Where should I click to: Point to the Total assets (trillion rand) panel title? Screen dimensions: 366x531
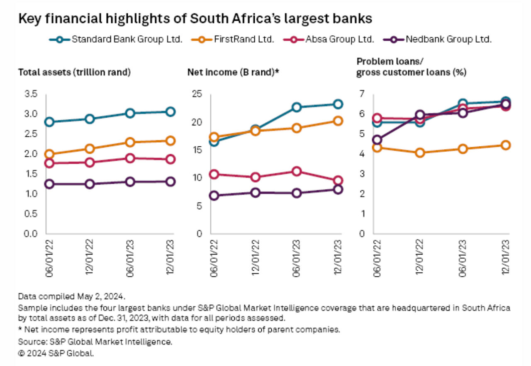pyautogui.click(x=74, y=72)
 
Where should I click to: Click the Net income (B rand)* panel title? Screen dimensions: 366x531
pyautogui.click(x=233, y=72)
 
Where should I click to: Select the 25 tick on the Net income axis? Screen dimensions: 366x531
pyautogui.click(x=197, y=94)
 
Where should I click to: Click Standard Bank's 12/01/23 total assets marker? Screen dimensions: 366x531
pyautogui.click(x=170, y=111)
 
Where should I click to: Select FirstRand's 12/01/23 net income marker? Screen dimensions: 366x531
pyautogui.click(x=338, y=121)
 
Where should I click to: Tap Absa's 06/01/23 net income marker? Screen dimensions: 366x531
pyautogui.click(x=297, y=171)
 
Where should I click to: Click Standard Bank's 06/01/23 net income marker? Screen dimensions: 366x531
pyautogui.click(x=297, y=107)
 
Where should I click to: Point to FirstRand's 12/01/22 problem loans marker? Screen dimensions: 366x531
pyautogui.click(x=420, y=153)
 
